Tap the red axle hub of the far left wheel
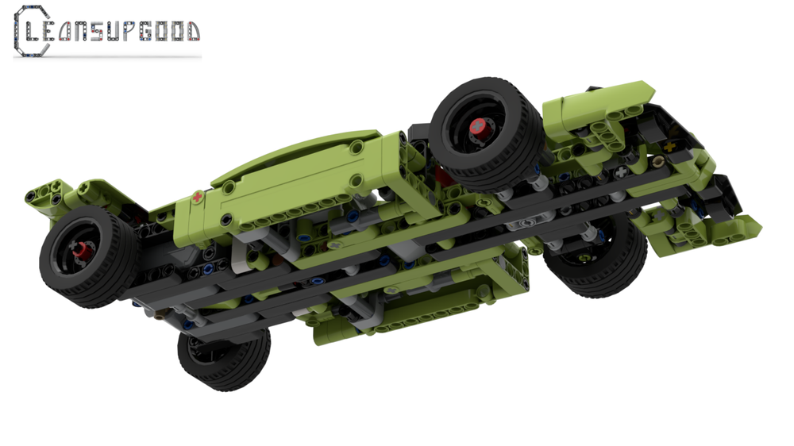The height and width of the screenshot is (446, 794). pos(80,253)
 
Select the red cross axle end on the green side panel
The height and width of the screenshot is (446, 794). pos(197,196)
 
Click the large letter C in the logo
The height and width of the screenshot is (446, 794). pos(29,31)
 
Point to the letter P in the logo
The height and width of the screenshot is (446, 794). pos(130,31)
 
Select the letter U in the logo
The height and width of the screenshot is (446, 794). pos(114,31)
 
